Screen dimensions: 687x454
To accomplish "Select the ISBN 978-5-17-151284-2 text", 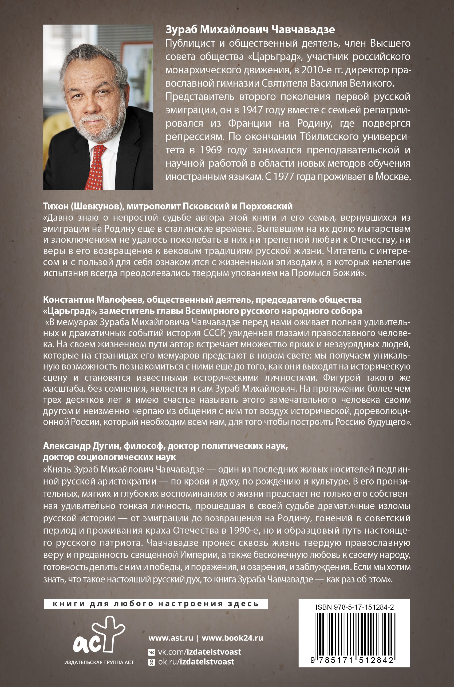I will (354, 607).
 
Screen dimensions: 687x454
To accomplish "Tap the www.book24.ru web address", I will (232, 638).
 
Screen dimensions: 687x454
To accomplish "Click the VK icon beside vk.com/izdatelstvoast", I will (151, 652).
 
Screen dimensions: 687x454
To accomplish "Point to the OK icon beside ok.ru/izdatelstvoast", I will (151, 662).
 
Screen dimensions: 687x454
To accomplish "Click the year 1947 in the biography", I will (252, 110).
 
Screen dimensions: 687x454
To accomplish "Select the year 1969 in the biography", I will (211, 150).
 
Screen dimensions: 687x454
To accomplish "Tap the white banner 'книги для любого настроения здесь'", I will (156, 604).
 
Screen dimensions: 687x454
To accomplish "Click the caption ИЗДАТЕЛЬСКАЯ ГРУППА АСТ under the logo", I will (99, 662).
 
